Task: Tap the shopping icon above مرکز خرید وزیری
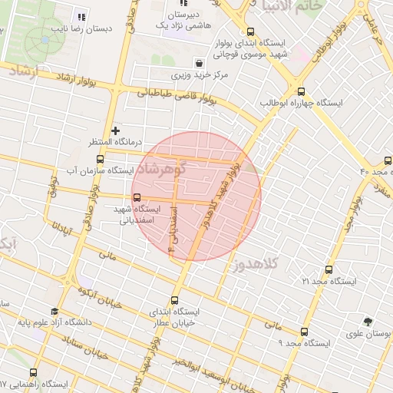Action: click(x=200, y=62)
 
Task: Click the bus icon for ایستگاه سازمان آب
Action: click(x=101, y=160)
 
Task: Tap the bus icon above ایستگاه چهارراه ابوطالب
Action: click(x=300, y=89)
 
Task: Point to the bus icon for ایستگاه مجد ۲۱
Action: click(x=329, y=270)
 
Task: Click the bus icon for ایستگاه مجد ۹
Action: click(x=305, y=332)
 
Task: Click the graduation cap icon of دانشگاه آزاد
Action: click(x=54, y=312)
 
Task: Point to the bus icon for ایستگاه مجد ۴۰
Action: click(x=388, y=160)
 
